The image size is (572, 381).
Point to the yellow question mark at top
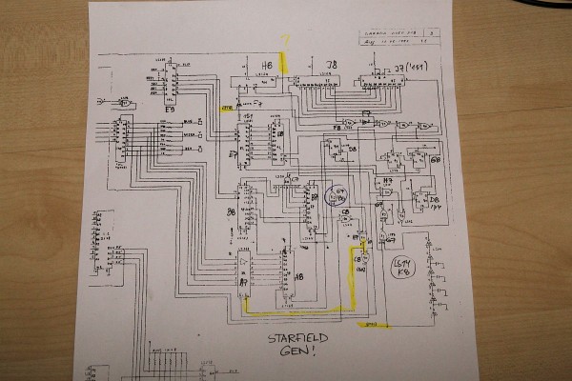tap(283, 41)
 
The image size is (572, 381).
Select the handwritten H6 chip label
tap(267, 66)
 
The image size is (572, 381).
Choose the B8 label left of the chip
tap(231, 212)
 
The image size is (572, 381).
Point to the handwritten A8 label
tap(299, 277)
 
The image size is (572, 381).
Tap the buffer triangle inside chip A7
tap(245, 260)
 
